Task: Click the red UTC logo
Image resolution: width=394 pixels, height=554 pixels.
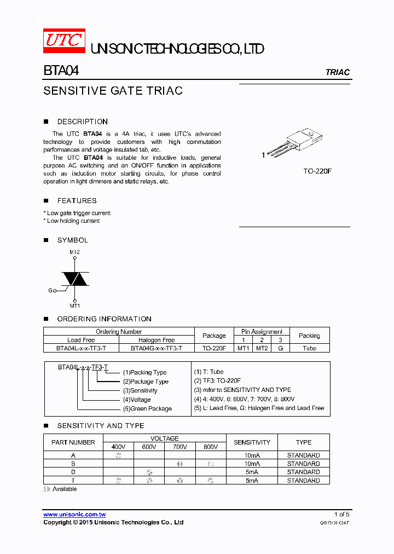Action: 64,41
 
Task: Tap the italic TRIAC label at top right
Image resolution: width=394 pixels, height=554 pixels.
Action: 337,72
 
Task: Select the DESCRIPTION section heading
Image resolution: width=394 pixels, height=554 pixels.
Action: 82,122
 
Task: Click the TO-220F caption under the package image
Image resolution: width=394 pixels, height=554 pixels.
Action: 317,171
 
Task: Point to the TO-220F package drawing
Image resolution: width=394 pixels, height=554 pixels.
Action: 299,141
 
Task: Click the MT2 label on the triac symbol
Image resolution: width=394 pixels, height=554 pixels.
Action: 74,252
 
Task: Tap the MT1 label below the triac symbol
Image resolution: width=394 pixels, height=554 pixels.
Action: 74,305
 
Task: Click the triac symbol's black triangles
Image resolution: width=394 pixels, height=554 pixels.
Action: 75,279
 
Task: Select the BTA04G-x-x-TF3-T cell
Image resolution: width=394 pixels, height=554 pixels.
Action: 157,348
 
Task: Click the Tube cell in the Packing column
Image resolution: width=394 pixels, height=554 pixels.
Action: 309,348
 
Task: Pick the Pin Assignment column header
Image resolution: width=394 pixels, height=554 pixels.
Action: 262,332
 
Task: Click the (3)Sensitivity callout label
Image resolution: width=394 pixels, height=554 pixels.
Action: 140,390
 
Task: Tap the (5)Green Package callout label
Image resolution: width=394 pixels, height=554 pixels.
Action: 147,408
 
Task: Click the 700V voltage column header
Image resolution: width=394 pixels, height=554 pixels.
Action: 179,447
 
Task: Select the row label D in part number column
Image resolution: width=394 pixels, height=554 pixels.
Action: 73,472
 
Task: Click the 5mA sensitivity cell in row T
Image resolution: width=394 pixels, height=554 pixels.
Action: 252,481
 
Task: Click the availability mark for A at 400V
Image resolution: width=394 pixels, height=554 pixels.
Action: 119,455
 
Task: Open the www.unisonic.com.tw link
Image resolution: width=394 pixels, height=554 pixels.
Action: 74,515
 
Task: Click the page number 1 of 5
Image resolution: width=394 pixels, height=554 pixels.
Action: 341,515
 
